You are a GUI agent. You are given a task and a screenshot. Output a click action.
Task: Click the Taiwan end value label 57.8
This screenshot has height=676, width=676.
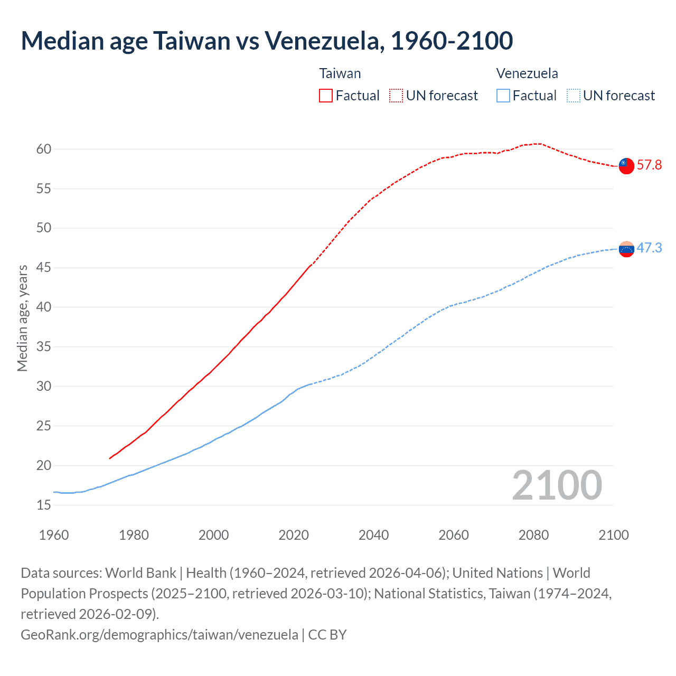[649, 165]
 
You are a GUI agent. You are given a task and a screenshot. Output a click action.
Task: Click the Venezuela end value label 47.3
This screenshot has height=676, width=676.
[649, 248]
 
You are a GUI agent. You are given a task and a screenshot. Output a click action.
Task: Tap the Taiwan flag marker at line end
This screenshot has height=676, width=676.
[626, 166]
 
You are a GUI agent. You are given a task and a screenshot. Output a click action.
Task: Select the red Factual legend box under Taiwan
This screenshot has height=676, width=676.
[326, 96]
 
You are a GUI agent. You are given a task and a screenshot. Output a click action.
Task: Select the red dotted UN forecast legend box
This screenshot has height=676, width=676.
[396, 96]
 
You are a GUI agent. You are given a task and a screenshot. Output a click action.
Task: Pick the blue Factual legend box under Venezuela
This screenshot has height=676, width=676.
[503, 96]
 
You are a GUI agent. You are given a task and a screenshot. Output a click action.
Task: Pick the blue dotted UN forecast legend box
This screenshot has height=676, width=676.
[573, 96]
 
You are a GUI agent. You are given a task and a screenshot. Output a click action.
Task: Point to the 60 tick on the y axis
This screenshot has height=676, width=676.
[44, 149]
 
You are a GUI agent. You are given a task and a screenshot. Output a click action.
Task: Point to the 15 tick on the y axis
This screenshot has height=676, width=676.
[44, 505]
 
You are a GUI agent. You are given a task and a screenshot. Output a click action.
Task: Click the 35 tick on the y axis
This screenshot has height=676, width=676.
[44, 347]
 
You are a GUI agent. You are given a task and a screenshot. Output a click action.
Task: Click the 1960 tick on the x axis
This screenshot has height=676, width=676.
[54, 535]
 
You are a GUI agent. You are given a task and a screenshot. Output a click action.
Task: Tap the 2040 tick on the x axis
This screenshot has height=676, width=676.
[373, 535]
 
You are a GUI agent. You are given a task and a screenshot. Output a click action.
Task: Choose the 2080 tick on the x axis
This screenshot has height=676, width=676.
[533, 535]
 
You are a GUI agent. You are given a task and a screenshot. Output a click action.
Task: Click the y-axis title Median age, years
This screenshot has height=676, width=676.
[22, 318]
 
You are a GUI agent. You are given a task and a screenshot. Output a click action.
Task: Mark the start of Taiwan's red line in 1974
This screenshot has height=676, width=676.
[110, 458]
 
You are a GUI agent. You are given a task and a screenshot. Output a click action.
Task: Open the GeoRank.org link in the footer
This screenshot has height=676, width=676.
[159, 634]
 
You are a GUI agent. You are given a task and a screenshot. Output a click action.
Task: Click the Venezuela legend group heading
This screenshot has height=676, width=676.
[527, 73]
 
